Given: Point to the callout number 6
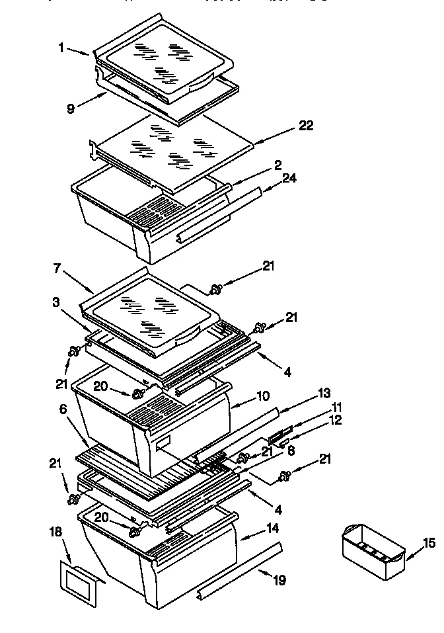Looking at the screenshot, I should pyautogui.click(x=63, y=410).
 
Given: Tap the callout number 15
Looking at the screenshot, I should pyautogui.click(x=429, y=544).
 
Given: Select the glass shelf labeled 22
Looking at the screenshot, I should pyautogui.click(x=172, y=151).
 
